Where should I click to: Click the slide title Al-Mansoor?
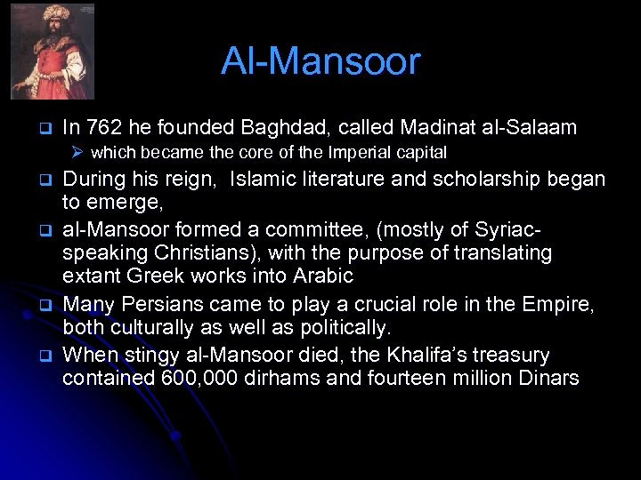[320, 61]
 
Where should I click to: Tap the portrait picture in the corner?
[52, 51]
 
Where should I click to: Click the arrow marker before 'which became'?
[78, 153]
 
